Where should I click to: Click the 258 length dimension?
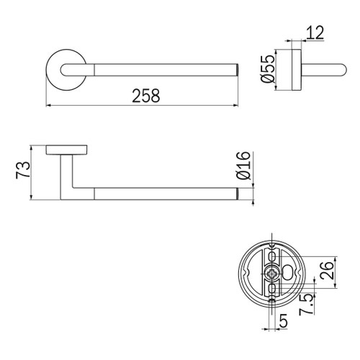point(146,96)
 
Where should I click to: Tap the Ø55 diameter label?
point(268,68)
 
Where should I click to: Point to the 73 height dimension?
point(23,170)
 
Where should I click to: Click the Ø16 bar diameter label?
point(243,166)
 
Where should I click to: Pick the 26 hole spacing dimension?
point(327,271)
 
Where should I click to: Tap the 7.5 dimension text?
point(307,305)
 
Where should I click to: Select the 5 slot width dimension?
point(284,320)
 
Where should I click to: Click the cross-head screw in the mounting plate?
point(272,274)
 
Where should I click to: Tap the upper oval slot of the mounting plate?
point(272,257)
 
